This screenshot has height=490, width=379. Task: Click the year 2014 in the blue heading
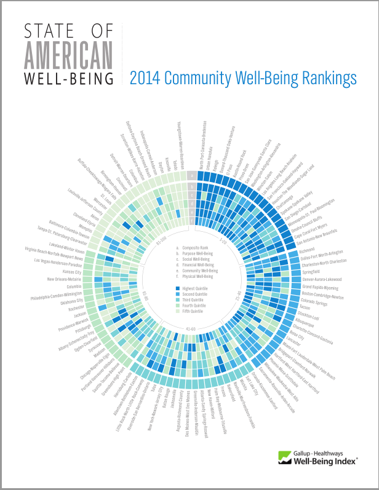tap(145, 79)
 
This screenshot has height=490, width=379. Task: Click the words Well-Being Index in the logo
tap(325, 460)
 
